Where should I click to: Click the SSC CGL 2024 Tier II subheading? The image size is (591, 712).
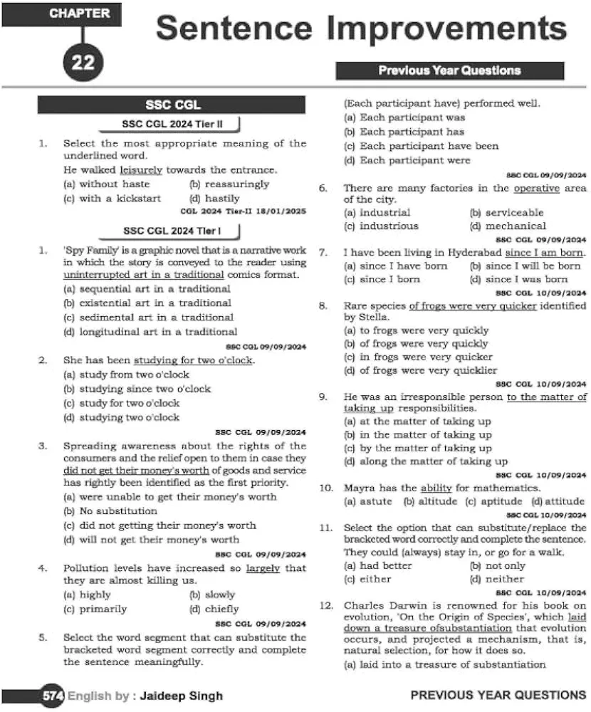pos(172,124)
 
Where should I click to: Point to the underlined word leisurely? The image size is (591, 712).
pos(141,170)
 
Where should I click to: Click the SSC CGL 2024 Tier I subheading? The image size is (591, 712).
pos(172,231)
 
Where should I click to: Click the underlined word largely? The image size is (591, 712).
pos(263,568)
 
